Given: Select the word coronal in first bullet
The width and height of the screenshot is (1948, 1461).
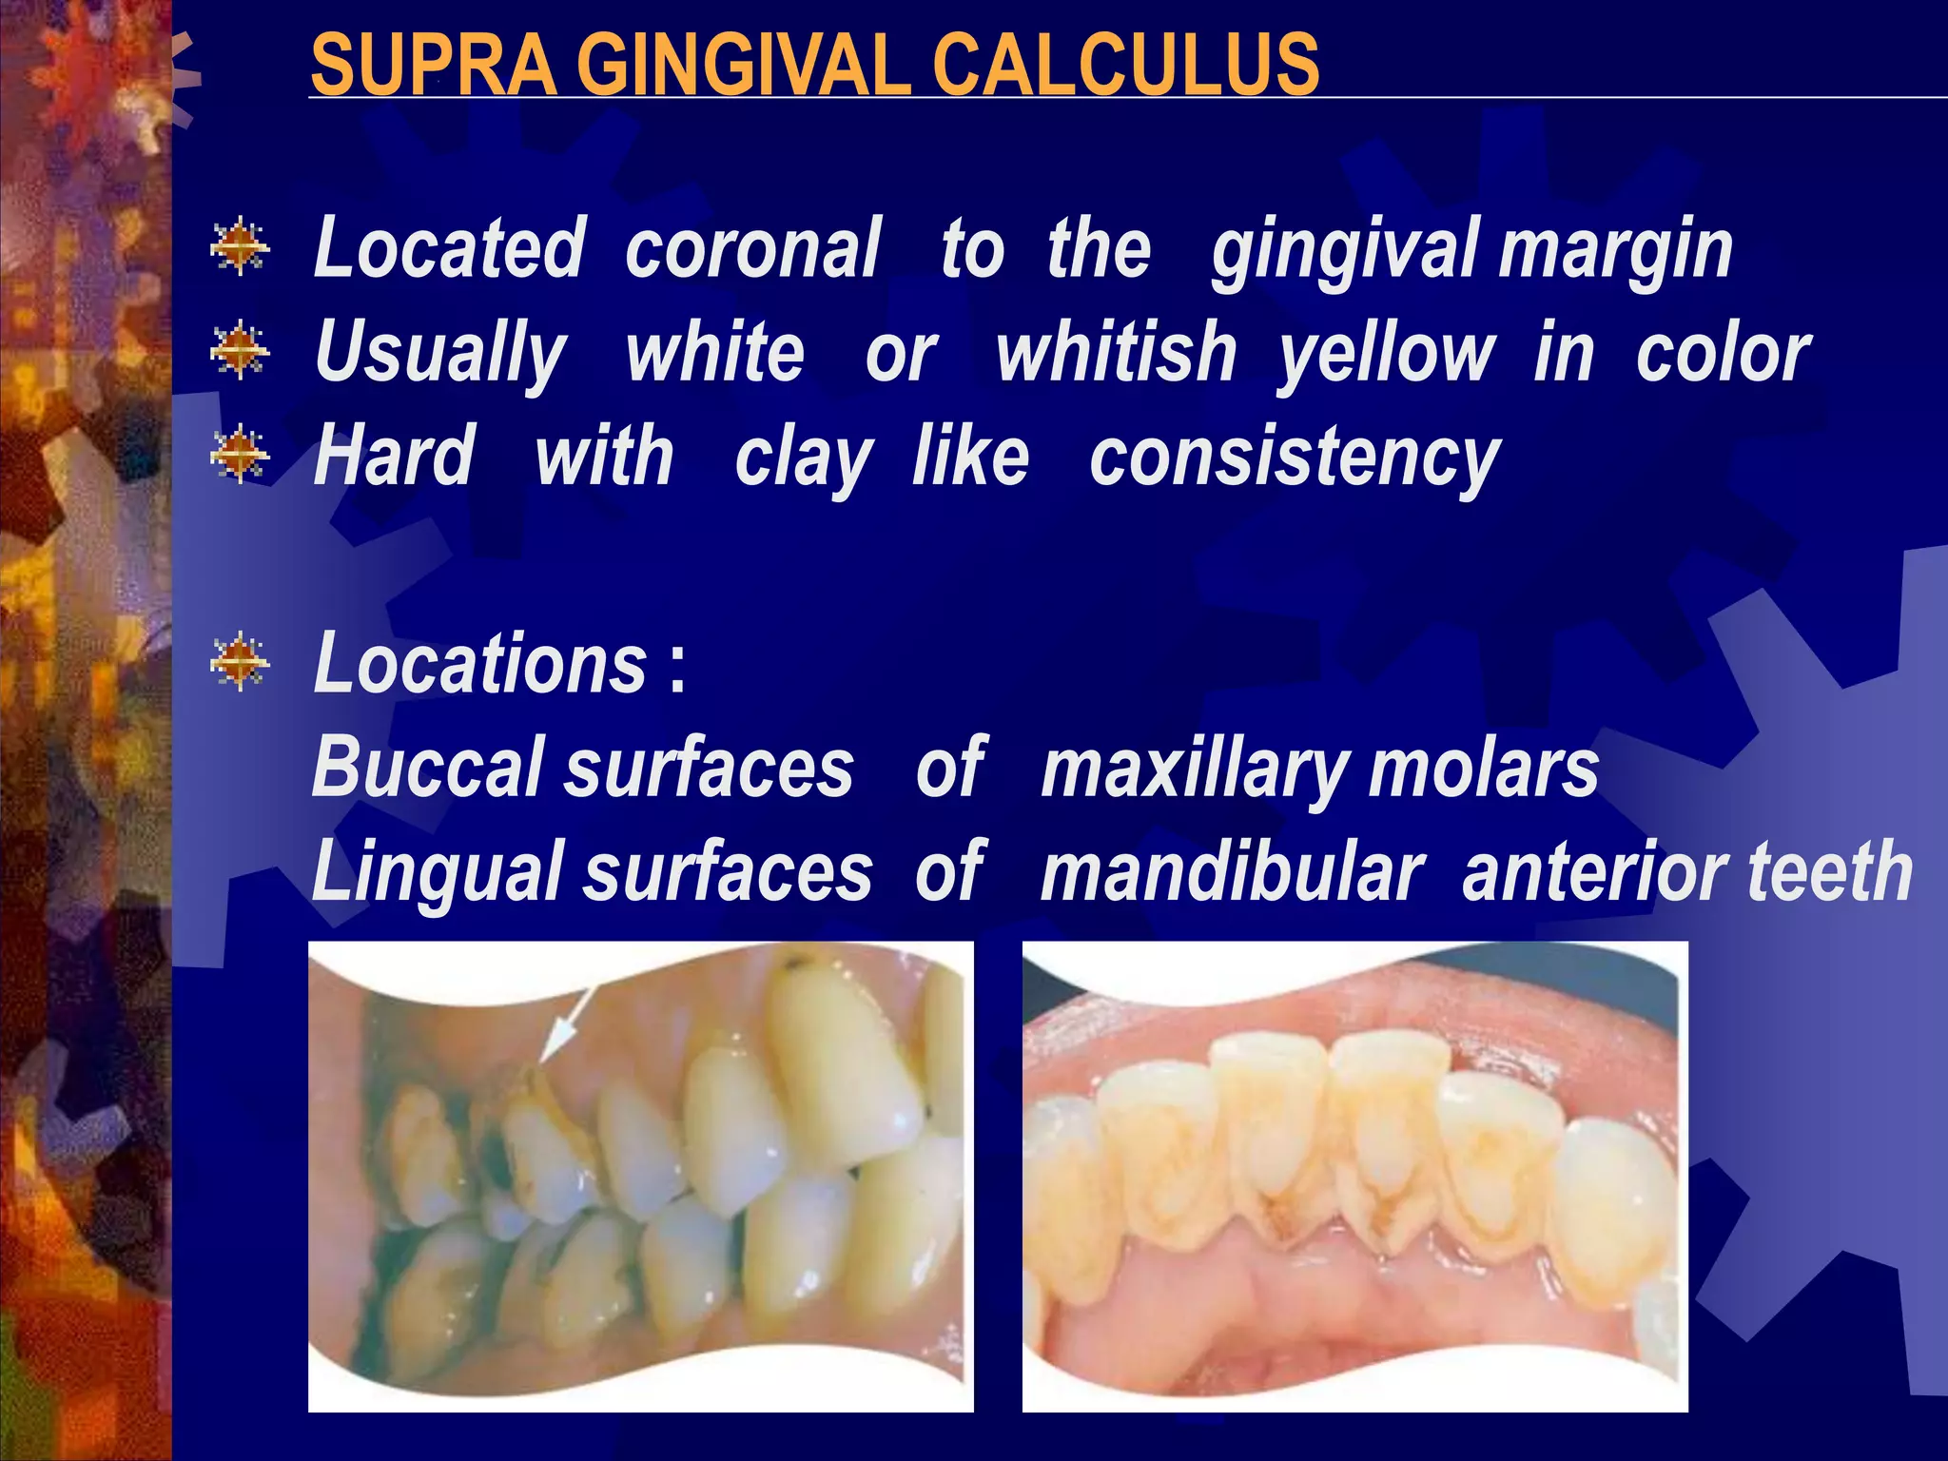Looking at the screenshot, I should pyautogui.click(x=752, y=248).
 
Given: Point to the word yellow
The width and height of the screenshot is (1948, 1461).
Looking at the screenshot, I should pyautogui.click(x=1387, y=355).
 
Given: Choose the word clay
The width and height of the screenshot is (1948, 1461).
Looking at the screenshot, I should pyautogui.click(x=804, y=459).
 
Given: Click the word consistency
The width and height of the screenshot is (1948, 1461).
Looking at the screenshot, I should pyautogui.click(x=1295, y=459).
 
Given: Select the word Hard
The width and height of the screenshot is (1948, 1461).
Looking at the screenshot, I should pyautogui.click(x=394, y=457).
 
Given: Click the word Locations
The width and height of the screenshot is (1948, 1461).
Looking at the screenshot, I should pyautogui.click(x=480, y=663).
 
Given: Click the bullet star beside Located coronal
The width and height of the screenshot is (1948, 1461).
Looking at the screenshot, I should pyautogui.click(x=240, y=247).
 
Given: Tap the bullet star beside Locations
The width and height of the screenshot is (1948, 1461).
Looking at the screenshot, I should pyautogui.click(x=240, y=661).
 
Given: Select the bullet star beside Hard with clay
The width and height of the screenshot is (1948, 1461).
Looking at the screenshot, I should pyautogui.click(x=240, y=454).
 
